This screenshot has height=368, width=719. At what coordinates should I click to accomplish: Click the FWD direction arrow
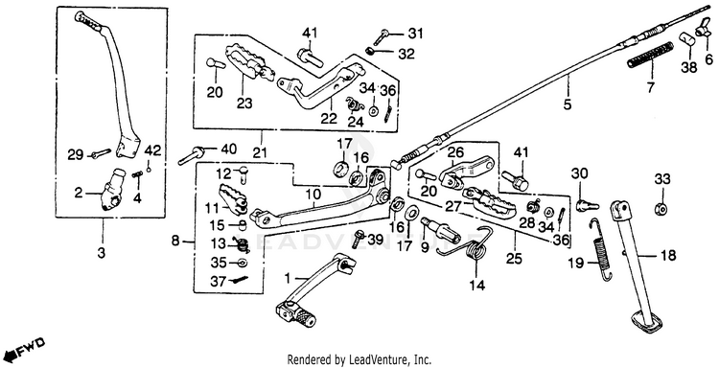click(30, 348)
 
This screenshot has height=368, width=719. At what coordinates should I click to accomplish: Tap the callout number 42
click(153, 150)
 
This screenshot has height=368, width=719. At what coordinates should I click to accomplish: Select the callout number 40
click(229, 149)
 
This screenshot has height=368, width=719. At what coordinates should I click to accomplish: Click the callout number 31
click(415, 34)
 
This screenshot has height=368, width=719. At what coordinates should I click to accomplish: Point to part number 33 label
click(661, 178)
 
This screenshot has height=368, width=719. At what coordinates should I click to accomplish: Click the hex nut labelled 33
click(660, 210)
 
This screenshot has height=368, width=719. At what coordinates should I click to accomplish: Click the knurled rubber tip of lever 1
click(303, 316)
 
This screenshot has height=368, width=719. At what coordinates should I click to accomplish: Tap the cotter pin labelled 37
click(241, 279)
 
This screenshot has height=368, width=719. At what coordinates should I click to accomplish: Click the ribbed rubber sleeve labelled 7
click(650, 56)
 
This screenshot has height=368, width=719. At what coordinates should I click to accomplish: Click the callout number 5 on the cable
click(568, 105)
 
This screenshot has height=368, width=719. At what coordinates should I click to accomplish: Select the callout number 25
click(514, 260)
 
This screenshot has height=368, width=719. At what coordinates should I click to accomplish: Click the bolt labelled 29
click(101, 152)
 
